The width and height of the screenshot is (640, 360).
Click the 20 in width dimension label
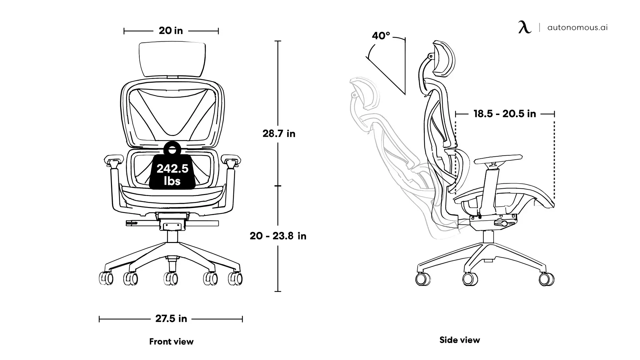pyautogui.click(x=171, y=31)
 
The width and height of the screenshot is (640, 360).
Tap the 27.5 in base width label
pyautogui.click(x=171, y=319)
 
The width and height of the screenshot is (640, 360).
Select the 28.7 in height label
pyautogui.click(x=279, y=134)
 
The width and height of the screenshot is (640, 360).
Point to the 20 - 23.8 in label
pyautogui.click(x=278, y=236)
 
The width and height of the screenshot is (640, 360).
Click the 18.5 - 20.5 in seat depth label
pyautogui.click(x=505, y=114)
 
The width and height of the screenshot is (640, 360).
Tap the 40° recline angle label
pyautogui.click(x=381, y=36)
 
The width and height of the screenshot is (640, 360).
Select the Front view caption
pyautogui.click(x=171, y=342)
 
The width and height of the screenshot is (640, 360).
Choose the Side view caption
pyautogui.click(x=460, y=340)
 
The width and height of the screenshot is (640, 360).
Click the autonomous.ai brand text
pyautogui.click(x=577, y=27)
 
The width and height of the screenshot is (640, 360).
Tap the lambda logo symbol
pyautogui.click(x=525, y=27)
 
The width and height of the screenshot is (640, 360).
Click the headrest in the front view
pyautogui.click(x=172, y=59)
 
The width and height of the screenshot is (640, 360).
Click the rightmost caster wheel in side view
pyautogui.click(x=547, y=279)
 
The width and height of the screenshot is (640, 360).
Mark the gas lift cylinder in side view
pyautogui.click(x=488, y=237)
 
